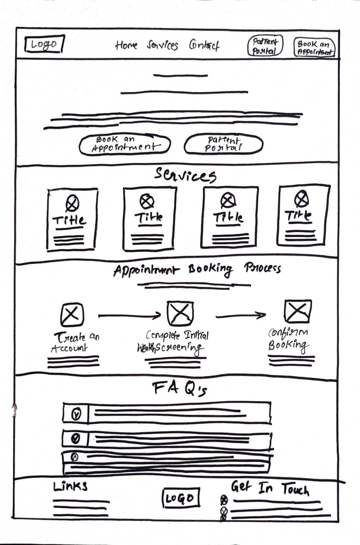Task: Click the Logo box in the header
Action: pyautogui.click(x=44, y=45)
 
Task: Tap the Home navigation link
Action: pyautogui.click(x=126, y=45)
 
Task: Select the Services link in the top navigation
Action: pyautogui.click(x=162, y=45)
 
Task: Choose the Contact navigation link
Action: pyautogui.click(x=204, y=45)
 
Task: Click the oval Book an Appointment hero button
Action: pyautogui.click(x=124, y=144)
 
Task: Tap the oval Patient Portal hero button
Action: pyautogui.click(x=224, y=144)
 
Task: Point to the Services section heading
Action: pyautogui.click(x=185, y=175)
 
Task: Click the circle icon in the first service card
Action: pyautogui.click(x=72, y=203)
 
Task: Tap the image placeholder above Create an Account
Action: pyautogui.click(x=71, y=314)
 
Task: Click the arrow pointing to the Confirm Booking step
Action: pyautogui.click(x=241, y=315)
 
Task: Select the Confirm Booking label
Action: pyautogui.click(x=289, y=339)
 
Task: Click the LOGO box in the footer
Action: pyautogui.click(x=180, y=498)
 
